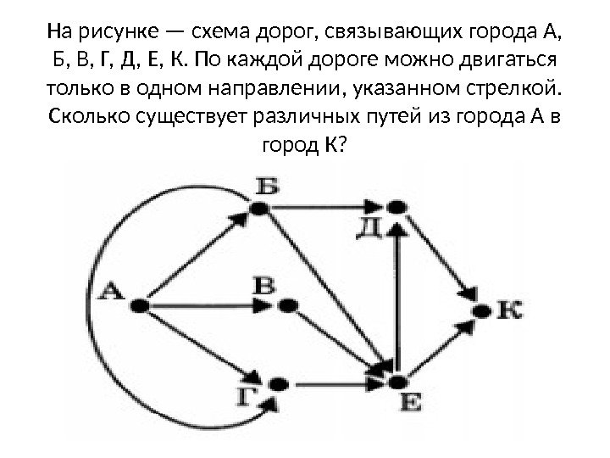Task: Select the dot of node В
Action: tap(286, 304)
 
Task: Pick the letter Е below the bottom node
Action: tap(409, 405)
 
